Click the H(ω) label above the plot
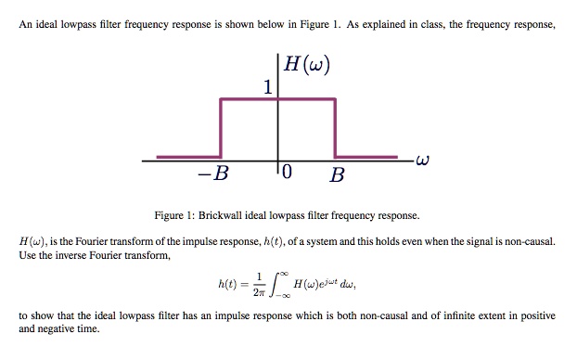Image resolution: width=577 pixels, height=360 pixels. (x=306, y=65)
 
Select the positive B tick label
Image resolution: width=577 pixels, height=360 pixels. (x=337, y=174)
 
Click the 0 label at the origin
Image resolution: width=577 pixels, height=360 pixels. (x=287, y=174)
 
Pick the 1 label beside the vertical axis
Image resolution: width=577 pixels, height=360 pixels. (x=267, y=89)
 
